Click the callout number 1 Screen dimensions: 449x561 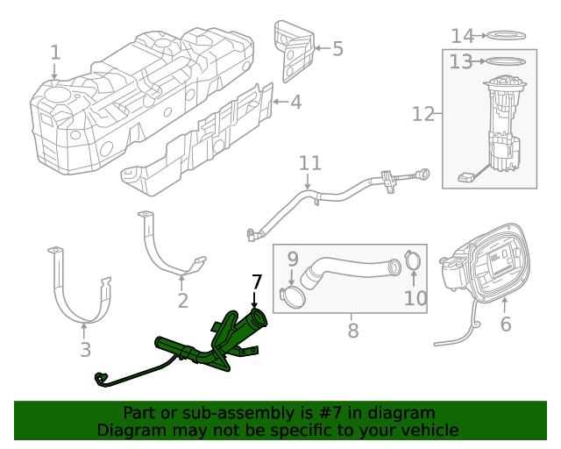pyautogui.click(x=55, y=53)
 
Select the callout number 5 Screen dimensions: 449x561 pyautogui.click(x=337, y=48)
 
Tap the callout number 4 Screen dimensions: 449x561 pyautogui.click(x=295, y=102)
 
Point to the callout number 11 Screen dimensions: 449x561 pyautogui.click(x=310, y=163)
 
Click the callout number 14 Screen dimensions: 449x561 pyautogui.click(x=462, y=35)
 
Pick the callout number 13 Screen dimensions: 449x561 pyautogui.click(x=461, y=61)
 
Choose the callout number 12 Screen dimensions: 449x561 pyautogui.click(x=423, y=113)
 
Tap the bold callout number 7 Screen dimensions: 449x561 pyautogui.click(x=257, y=282)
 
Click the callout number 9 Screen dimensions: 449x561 pyautogui.click(x=293, y=259)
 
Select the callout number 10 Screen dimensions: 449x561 pyautogui.click(x=415, y=298)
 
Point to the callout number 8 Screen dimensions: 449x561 pyautogui.click(x=352, y=331)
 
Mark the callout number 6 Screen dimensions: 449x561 pyautogui.click(x=505, y=324)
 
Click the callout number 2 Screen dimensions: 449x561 pyautogui.click(x=182, y=301)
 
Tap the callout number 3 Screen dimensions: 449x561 pyautogui.click(x=85, y=350)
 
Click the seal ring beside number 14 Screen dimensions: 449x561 pyautogui.click(x=506, y=36)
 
